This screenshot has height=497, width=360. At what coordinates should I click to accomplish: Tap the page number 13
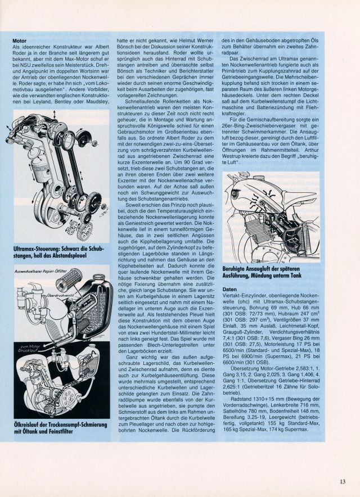point(343,481)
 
